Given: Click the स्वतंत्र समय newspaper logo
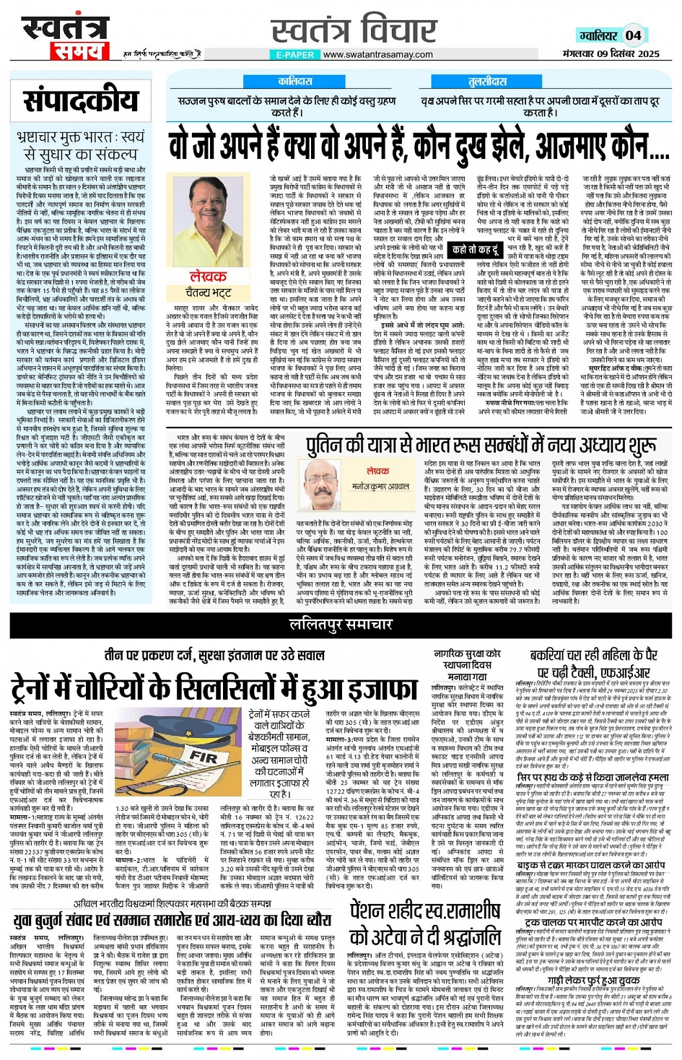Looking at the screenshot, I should coord(64,36).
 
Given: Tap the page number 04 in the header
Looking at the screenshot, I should coord(633,35).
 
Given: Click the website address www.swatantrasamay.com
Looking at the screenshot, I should coord(378,54).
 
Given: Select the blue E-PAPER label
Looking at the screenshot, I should coord(294,54).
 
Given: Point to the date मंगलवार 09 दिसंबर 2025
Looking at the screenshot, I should coord(611,53).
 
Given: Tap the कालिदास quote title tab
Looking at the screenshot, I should coord(294,82).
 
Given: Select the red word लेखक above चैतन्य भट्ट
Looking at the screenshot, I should coord(208,277).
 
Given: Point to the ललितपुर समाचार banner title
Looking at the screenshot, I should coord(341,625).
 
